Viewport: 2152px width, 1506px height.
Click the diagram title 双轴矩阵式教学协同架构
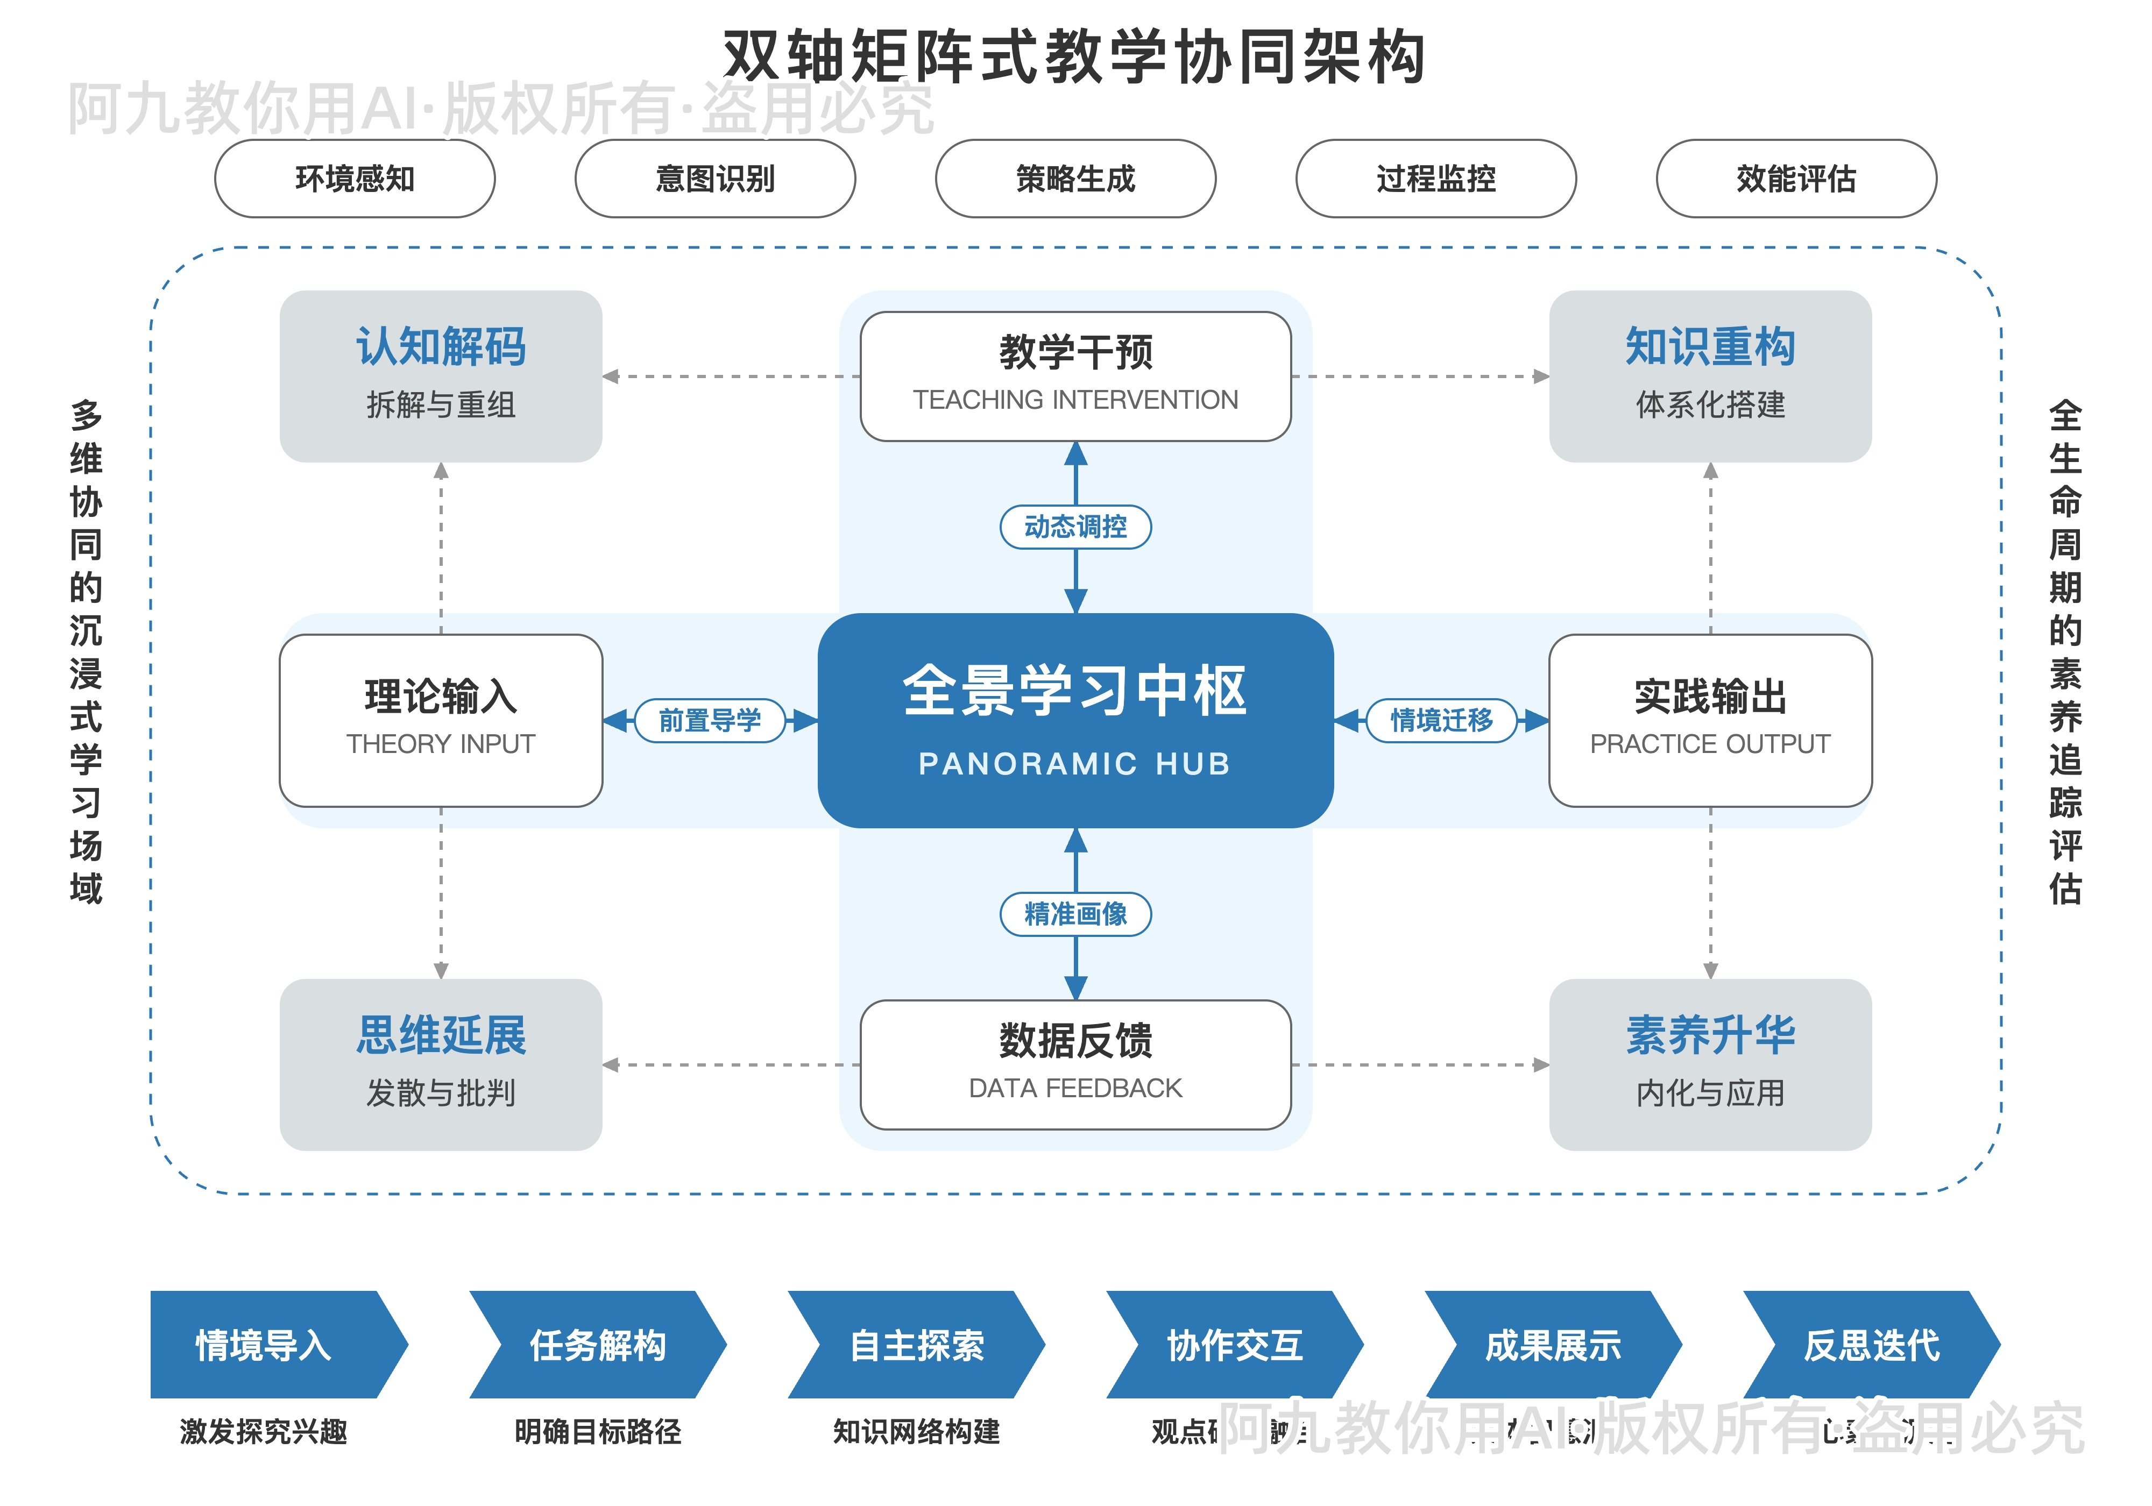[1075, 56]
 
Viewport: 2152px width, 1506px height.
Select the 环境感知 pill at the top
[355, 178]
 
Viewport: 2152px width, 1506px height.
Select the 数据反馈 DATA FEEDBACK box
[1075, 1064]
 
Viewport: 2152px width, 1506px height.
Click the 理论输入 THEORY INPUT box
[441, 720]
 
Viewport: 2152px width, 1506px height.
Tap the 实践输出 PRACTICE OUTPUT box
[1710, 720]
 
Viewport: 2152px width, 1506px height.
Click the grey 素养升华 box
[1710, 1064]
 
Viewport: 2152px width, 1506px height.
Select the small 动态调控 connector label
[1075, 527]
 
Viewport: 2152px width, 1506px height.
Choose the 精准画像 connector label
[1075, 914]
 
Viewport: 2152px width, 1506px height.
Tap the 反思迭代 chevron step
[1871, 1345]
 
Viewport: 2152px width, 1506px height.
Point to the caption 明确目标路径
[597, 1431]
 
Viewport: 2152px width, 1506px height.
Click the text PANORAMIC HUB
[1075, 764]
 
